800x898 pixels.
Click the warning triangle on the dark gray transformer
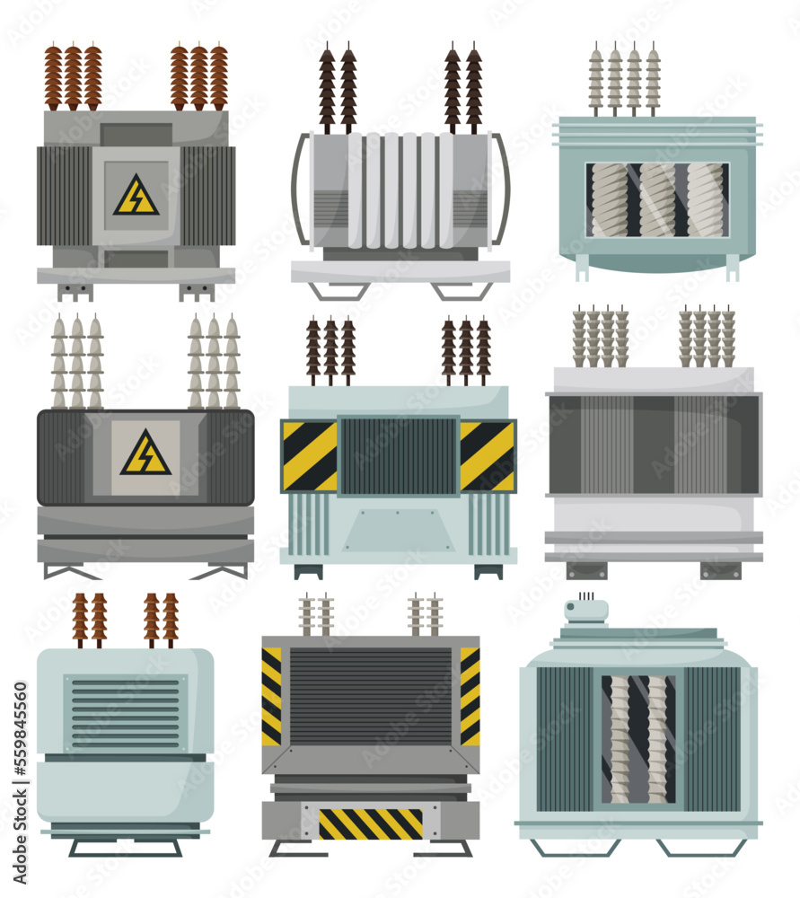click(145, 454)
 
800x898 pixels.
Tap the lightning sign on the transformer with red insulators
click(136, 196)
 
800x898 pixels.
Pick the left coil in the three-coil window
click(611, 199)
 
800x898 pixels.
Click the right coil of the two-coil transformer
click(658, 738)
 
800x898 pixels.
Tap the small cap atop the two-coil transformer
click(585, 611)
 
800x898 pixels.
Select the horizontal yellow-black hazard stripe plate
click(370, 823)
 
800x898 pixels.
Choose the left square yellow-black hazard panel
click(309, 455)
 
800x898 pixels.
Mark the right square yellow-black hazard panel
click(488, 455)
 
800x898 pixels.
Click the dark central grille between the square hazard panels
click(399, 456)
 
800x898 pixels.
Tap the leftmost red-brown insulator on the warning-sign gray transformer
click(53, 77)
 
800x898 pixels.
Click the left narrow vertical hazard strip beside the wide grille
click(271, 696)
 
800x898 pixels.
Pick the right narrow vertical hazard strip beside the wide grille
click(470, 696)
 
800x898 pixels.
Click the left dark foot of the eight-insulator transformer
click(585, 570)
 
